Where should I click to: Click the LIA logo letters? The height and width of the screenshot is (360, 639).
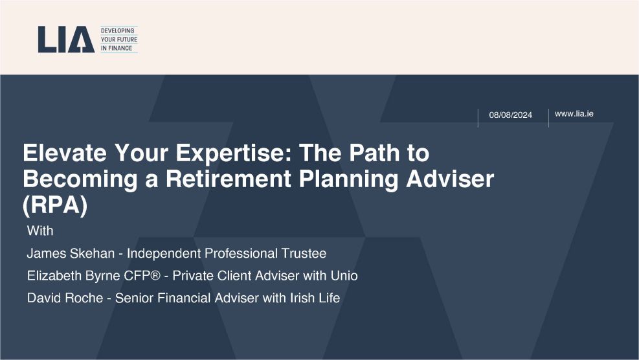point(66,39)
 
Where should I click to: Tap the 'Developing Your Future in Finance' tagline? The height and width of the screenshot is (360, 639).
point(119,39)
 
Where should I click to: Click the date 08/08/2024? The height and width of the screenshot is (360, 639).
point(511,115)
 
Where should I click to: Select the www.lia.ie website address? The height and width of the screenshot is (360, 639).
point(574,114)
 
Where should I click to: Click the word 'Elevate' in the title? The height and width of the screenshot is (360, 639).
point(64,152)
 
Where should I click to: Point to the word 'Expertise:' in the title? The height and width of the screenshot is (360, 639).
point(234,153)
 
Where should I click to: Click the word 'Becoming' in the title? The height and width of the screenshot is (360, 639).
point(80,179)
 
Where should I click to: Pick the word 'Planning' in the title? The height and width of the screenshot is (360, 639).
point(348,179)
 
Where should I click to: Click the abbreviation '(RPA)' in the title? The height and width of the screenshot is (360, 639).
point(55,205)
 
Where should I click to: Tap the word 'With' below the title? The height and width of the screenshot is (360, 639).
point(40,231)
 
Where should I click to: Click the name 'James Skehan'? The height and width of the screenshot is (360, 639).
point(71,253)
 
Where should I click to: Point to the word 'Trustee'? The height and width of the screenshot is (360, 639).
point(304,253)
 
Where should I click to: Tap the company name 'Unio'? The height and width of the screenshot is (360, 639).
point(344,276)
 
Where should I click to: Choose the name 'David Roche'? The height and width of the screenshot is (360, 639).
point(65,298)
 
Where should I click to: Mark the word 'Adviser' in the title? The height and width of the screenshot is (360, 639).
point(450,179)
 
